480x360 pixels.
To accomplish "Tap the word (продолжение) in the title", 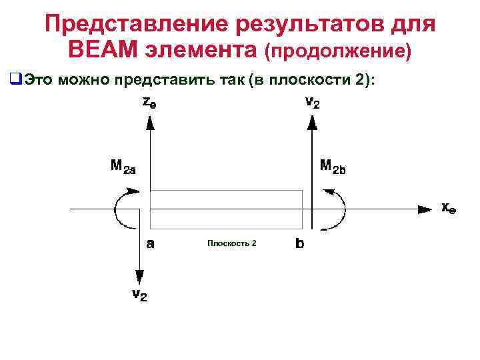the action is point(339,51).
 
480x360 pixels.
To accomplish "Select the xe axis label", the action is point(449,208).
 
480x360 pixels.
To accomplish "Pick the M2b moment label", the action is point(333,165).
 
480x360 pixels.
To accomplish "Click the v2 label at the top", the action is point(311,103).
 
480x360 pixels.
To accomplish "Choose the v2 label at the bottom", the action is point(139,295).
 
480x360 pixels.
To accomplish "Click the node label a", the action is point(151,244).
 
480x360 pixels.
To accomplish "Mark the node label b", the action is point(300,244).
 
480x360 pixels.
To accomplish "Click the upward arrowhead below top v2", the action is point(311,121).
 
